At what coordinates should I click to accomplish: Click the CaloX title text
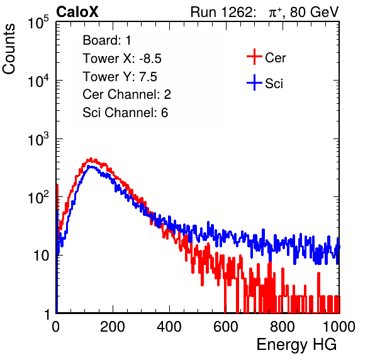tap(77, 12)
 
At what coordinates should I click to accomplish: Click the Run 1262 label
tap(221, 12)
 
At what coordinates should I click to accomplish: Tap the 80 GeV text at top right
tap(314, 12)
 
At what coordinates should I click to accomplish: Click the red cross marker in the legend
tap(254, 57)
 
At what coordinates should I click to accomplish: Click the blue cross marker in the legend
tap(254, 82)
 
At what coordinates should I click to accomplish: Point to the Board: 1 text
tap(107, 40)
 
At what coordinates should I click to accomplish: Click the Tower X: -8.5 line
tap(122, 59)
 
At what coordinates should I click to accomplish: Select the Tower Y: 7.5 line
tap(120, 77)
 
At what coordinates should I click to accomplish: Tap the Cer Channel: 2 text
tap(126, 94)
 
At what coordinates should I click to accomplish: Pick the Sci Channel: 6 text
tap(125, 113)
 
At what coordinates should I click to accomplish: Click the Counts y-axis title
tap(9, 49)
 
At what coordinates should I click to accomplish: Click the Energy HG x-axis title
tap(296, 344)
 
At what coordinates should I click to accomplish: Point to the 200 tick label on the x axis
tap(113, 327)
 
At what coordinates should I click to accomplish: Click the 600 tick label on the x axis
tap(226, 327)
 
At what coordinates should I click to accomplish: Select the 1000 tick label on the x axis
tap(339, 327)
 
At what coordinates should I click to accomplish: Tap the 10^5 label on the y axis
tap(38, 22)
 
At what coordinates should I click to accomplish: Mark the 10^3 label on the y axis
tap(38, 138)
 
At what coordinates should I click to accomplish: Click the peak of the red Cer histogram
tap(91, 159)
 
